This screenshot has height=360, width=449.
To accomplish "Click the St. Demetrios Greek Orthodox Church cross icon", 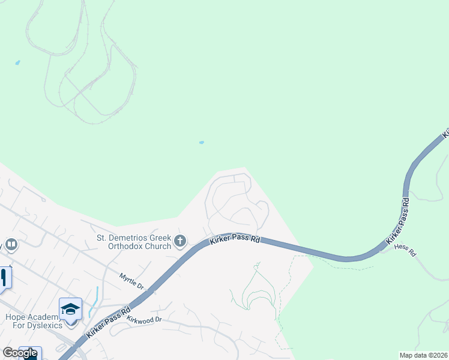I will coord(180,242).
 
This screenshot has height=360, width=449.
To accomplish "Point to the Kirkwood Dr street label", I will coord(144,319).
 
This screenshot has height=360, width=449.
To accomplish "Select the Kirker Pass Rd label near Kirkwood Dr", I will coord(109,323).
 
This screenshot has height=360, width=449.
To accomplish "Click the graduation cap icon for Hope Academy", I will coord(71,309).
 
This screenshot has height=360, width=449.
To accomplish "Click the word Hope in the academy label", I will coord(14,317).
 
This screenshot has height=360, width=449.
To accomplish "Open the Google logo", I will coord(20,353).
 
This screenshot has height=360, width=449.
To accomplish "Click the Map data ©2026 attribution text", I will coord(423,355).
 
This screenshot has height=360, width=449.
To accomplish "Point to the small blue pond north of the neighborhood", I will coord(201,142).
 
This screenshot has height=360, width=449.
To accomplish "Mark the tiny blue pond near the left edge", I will coord(17,62).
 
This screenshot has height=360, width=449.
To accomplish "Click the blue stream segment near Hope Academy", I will coord(95,300).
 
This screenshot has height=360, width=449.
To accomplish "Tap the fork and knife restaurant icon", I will coord(3,278).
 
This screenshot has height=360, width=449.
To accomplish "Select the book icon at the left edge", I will coord(10,245).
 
